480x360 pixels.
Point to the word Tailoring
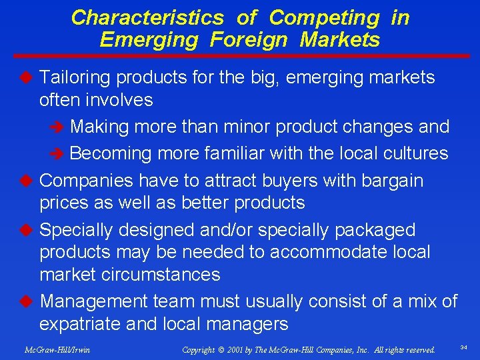75,78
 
